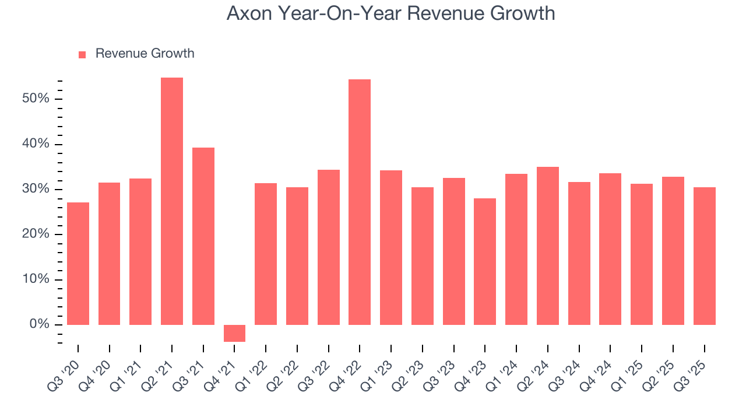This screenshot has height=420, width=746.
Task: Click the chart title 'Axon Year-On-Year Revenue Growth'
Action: (390, 13)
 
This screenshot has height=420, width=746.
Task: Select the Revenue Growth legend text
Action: (145, 54)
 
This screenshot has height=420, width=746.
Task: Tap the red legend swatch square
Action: (82, 54)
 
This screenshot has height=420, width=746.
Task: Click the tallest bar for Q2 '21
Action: (172, 201)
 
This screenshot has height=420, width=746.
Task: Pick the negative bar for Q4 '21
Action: (234, 333)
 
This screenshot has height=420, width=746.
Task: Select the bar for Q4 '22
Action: (360, 202)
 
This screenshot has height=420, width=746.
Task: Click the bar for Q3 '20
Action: (78, 264)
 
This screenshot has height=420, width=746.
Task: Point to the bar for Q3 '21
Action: (203, 236)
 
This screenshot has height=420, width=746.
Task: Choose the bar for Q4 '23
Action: (485, 261)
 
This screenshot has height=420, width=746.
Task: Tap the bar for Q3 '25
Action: (704, 256)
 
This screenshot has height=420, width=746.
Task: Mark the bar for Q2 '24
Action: (547, 246)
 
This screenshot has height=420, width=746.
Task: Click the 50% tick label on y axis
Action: (36, 99)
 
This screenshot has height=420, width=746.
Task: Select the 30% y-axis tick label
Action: (36, 189)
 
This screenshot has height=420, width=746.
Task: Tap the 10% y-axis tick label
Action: (36, 279)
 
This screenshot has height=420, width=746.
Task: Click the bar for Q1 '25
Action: (641, 254)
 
